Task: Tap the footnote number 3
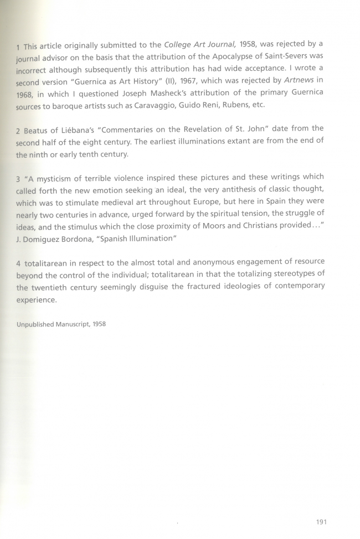[18, 178]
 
